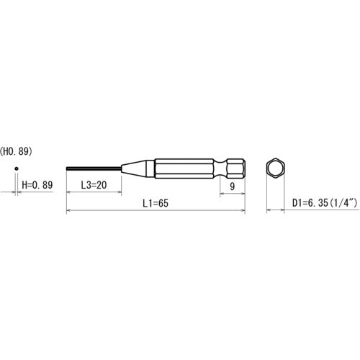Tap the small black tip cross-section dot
[17, 170]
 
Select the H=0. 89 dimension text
[37, 185]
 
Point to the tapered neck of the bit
[137, 170]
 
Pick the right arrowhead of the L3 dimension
[118, 192]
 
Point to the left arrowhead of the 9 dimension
[222, 192]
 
